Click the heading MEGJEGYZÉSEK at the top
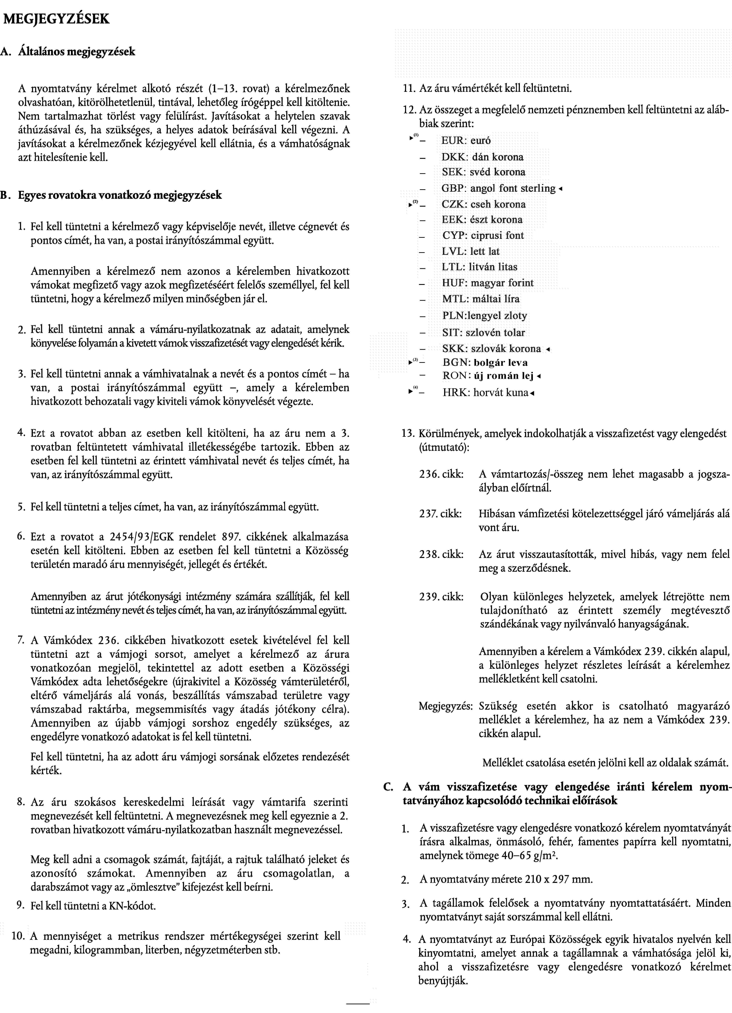(x=56, y=19)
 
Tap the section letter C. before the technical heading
(x=388, y=787)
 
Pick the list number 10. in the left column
(x=18, y=936)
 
